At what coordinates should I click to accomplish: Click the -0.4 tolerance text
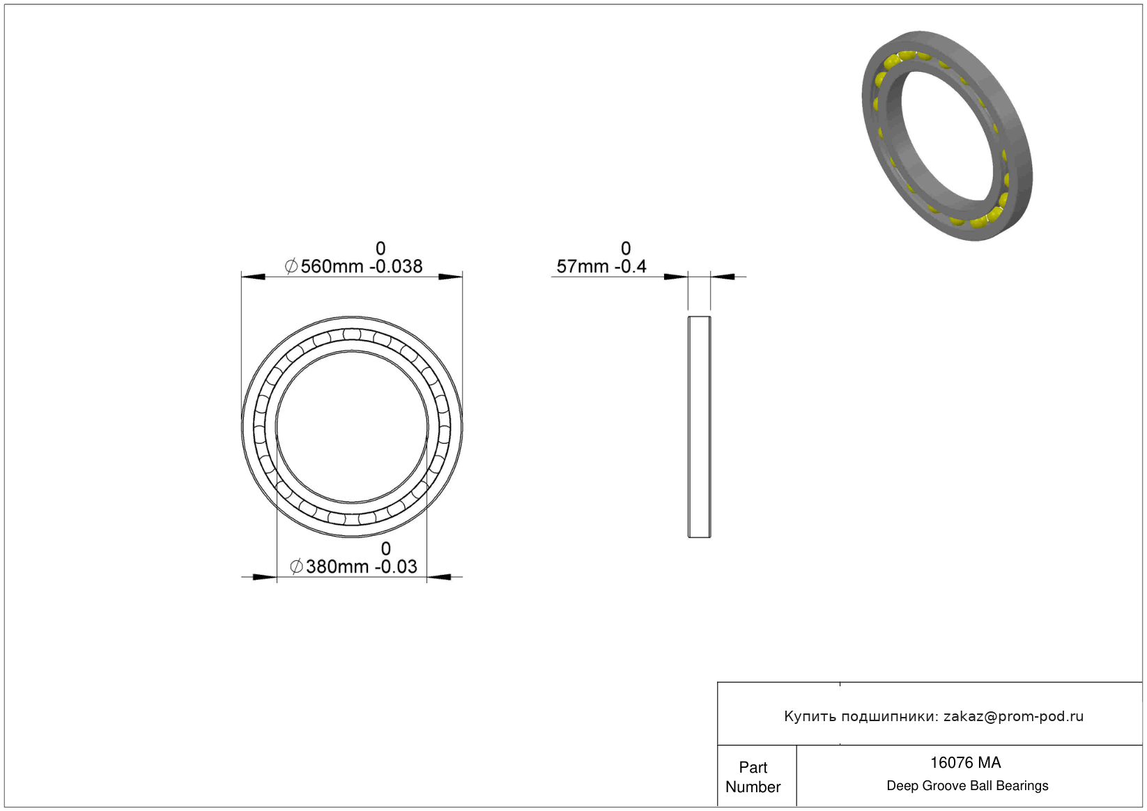point(631,267)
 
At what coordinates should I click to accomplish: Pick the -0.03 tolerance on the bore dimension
point(396,566)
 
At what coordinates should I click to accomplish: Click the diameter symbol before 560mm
point(291,266)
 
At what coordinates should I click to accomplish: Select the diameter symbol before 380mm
point(296,566)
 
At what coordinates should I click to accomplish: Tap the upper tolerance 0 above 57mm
point(626,249)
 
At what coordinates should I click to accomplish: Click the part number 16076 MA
point(965,763)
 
